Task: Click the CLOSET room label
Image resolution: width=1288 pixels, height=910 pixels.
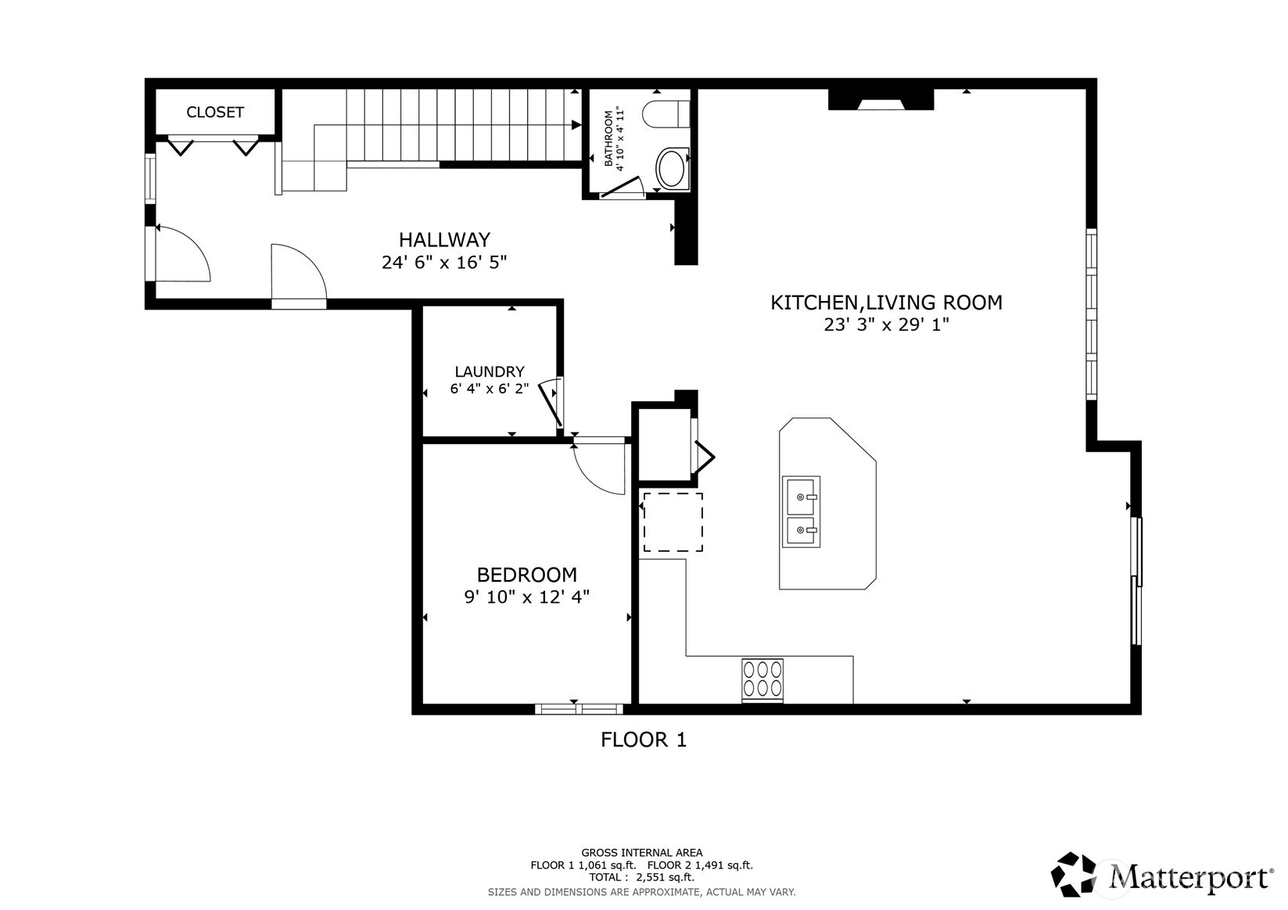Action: (x=215, y=113)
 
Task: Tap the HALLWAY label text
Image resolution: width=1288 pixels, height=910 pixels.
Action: (x=444, y=240)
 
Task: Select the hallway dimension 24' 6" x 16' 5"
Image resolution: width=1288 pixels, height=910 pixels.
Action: (x=444, y=263)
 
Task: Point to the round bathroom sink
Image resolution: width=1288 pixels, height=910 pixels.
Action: (x=671, y=168)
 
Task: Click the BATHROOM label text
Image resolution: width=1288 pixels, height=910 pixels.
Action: (x=609, y=139)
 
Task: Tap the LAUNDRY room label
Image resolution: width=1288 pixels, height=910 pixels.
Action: (x=490, y=372)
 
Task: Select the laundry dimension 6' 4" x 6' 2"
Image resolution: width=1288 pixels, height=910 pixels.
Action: (x=490, y=389)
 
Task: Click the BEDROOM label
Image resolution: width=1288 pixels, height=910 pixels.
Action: (x=526, y=575)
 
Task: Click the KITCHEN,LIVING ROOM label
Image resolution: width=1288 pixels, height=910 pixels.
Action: (x=886, y=303)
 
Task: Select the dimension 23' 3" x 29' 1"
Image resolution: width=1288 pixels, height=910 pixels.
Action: (x=886, y=325)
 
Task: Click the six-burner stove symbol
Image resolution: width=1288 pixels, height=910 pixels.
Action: (x=762, y=679)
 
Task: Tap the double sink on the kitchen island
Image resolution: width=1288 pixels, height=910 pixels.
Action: (x=801, y=511)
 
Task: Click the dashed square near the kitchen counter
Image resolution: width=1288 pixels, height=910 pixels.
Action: (x=673, y=522)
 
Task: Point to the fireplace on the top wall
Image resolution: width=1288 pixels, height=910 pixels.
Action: (x=881, y=100)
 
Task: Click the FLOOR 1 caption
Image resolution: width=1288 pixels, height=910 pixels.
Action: (x=644, y=740)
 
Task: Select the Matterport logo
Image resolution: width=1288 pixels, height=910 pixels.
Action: (x=1161, y=875)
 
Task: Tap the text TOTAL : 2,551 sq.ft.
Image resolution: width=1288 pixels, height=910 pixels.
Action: (x=641, y=878)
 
